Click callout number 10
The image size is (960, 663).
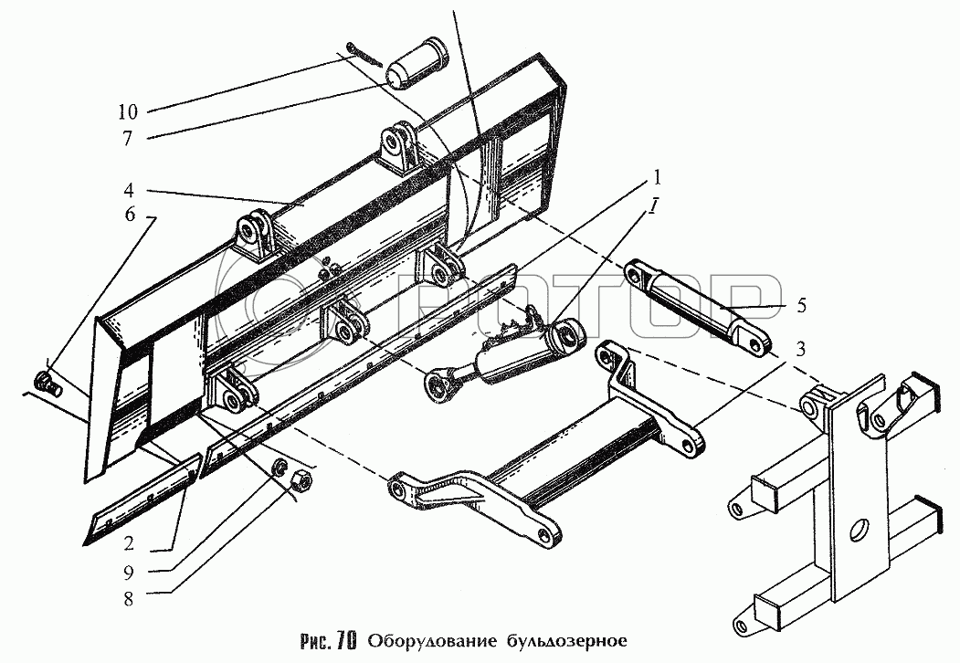coord(129,113)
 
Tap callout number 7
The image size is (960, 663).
coord(129,139)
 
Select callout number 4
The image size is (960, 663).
coord(131,193)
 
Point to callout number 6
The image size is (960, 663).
coord(130,216)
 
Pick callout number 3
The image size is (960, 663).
coord(799,348)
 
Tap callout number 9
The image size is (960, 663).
coord(129,573)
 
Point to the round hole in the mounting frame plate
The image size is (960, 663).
coord(858,531)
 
